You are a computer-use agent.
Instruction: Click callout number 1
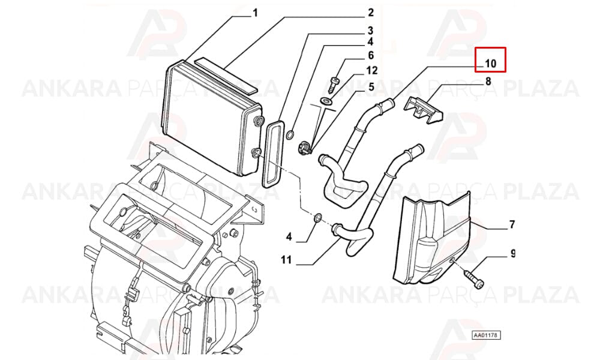click(255, 13)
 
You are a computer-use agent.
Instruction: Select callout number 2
click(370, 13)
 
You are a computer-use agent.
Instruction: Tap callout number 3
click(370, 31)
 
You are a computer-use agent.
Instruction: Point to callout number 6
click(370, 55)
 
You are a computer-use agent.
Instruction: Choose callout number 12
click(371, 70)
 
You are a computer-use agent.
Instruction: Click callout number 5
click(371, 87)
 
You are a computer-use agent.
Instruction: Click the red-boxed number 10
click(490, 64)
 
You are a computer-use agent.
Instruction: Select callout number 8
click(488, 81)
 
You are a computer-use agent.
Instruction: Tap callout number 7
click(512, 224)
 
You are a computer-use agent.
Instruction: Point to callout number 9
click(513, 253)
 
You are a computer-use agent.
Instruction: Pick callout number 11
click(286, 260)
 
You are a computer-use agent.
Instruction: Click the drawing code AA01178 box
click(486, 335)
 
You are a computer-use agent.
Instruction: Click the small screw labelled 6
click(333, 85)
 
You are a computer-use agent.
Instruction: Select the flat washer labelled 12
click(326, 101)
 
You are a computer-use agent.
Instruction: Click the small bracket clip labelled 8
click(423, 110)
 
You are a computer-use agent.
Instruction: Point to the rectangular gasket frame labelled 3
click(273, 154)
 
